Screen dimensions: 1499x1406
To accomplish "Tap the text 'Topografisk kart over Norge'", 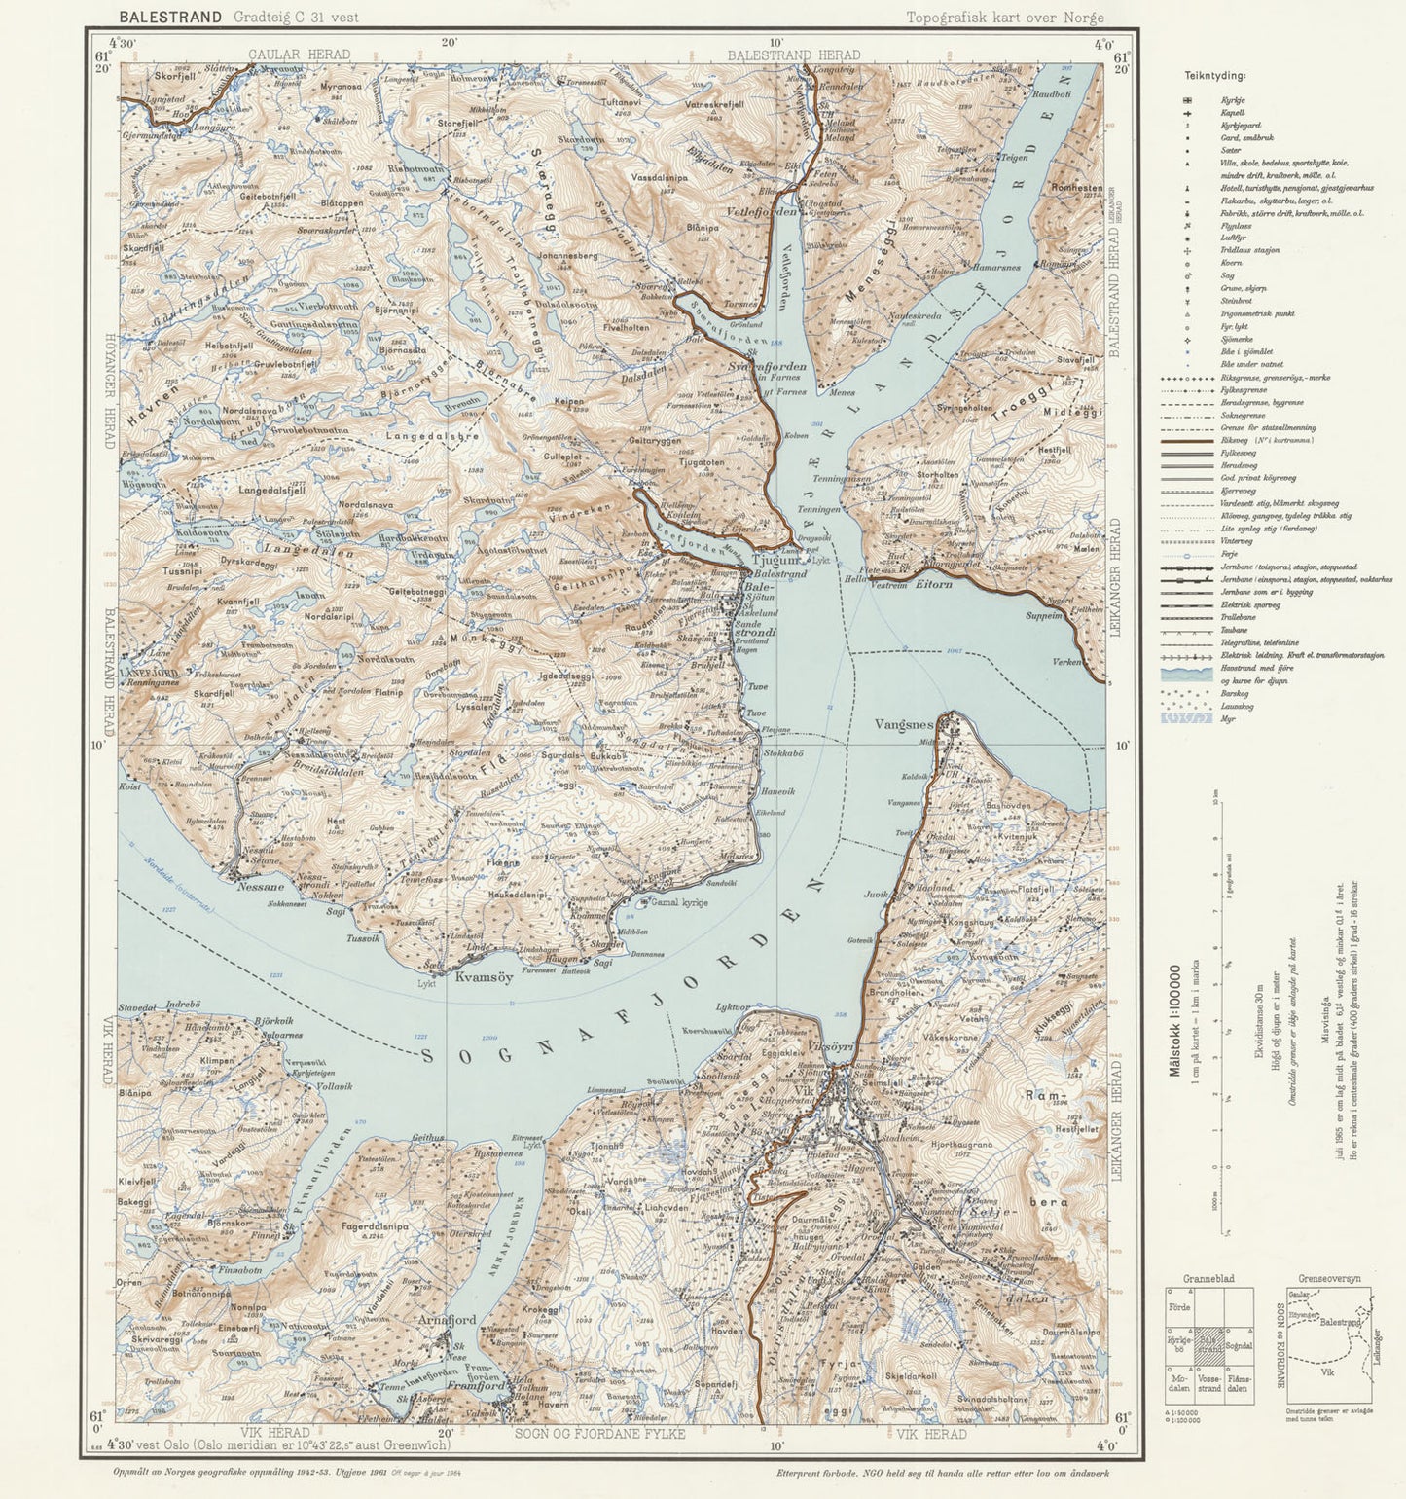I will point(1004,18).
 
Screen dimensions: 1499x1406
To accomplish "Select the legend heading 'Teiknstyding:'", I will point(1215,75).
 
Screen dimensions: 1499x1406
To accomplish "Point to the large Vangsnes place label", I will point(904,724).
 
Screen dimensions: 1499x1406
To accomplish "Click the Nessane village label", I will point(261,887).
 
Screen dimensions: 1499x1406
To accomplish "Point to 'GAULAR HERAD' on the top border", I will point(299,55).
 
